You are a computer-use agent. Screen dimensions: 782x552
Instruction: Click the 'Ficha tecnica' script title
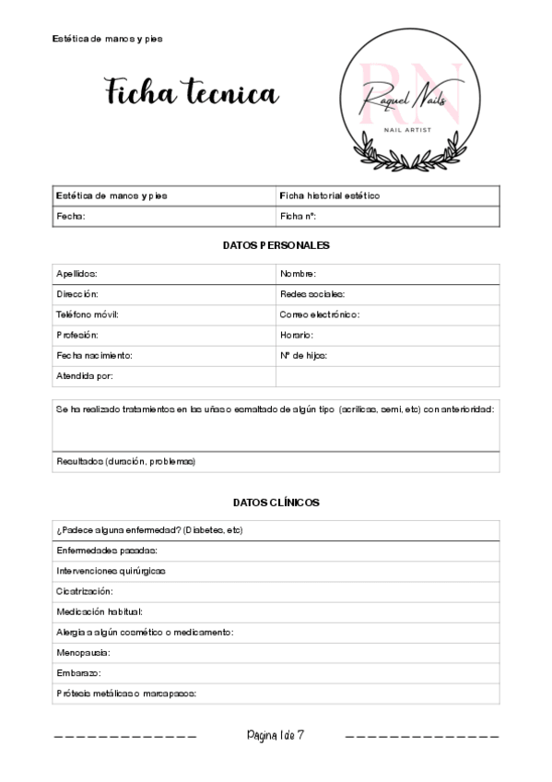191,93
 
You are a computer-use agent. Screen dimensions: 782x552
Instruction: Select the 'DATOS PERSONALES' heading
276,245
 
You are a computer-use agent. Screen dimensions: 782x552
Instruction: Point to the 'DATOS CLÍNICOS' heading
276,503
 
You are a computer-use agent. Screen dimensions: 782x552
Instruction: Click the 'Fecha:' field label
71,217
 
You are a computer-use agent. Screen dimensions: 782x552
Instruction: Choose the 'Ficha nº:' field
298,217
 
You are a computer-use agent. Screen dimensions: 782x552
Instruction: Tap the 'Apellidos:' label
76,274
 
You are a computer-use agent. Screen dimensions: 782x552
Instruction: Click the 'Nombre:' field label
299,274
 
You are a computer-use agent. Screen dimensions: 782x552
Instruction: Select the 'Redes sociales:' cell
312,294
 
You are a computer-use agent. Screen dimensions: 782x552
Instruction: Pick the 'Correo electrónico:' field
320,314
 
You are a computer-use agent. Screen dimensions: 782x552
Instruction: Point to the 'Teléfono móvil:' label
88,314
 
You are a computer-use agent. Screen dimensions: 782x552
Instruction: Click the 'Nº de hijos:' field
303,355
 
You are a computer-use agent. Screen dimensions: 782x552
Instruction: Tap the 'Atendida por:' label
85,375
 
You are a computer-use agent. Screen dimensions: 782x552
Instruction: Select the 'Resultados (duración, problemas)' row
125,461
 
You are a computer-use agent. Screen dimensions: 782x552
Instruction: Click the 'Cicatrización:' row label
85,591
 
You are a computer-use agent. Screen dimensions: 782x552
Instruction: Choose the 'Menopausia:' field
83,652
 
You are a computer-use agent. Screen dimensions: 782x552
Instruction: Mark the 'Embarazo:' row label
78,673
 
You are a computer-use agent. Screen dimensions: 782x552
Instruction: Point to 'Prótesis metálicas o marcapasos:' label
127,693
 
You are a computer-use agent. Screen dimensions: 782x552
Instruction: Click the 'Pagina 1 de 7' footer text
276,736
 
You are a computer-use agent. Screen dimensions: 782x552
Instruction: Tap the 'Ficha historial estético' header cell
329,195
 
